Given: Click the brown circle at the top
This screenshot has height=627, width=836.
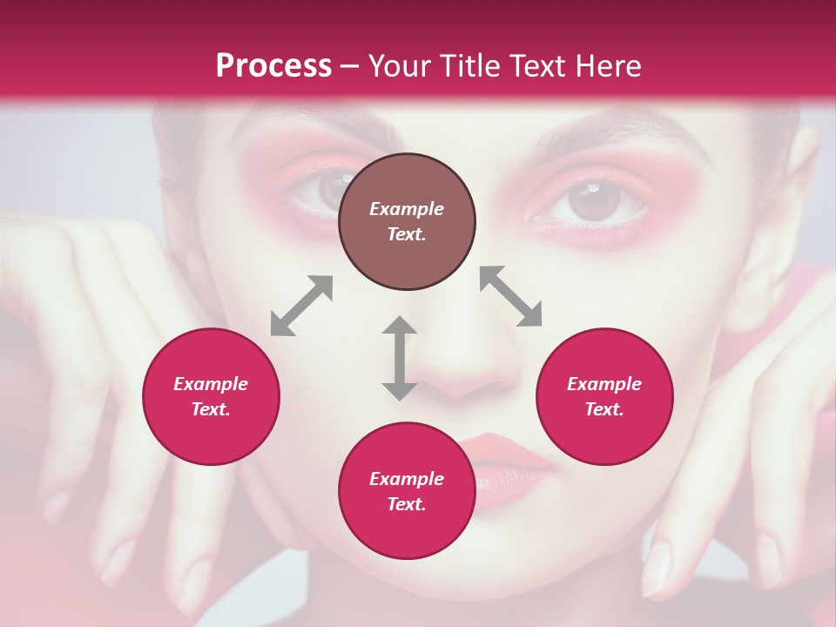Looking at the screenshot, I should click(407, 222).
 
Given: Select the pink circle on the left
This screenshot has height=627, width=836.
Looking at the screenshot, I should click(211, 396).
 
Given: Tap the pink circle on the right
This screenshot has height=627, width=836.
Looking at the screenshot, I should click(604, 396).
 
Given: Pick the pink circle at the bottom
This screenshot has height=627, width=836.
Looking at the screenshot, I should click(407, 491).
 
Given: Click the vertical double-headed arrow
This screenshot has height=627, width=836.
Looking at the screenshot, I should click(400, 358).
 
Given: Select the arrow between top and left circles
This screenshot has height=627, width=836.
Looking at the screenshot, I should click(301, 306).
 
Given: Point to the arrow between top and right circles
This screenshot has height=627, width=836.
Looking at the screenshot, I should click(510, 296).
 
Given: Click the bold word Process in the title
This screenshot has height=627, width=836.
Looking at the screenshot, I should click(273, 65).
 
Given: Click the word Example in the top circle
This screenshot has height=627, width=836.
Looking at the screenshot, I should click(407, 209).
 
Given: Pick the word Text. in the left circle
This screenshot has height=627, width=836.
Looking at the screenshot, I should click(211, 409).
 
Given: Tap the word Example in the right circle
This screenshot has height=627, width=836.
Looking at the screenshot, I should click(604, 384).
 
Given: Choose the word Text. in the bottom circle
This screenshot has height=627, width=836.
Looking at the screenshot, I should click(407, 504).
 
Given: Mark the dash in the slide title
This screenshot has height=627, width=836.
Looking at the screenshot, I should click(349, 65).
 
